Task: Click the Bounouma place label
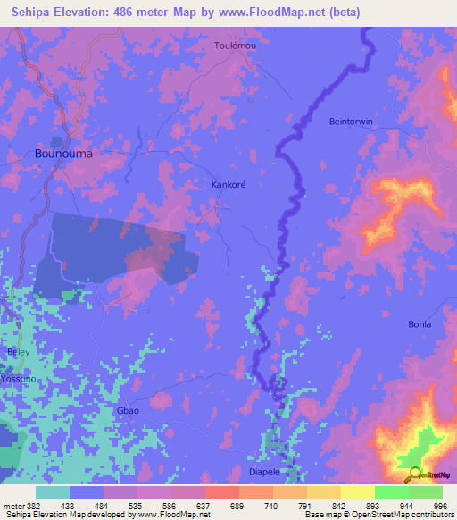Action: (63, 153)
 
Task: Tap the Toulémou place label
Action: (236, 46)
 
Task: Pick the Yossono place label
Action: (17, 378)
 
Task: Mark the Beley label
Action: (18, 352)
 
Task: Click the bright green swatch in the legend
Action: (392, 492)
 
